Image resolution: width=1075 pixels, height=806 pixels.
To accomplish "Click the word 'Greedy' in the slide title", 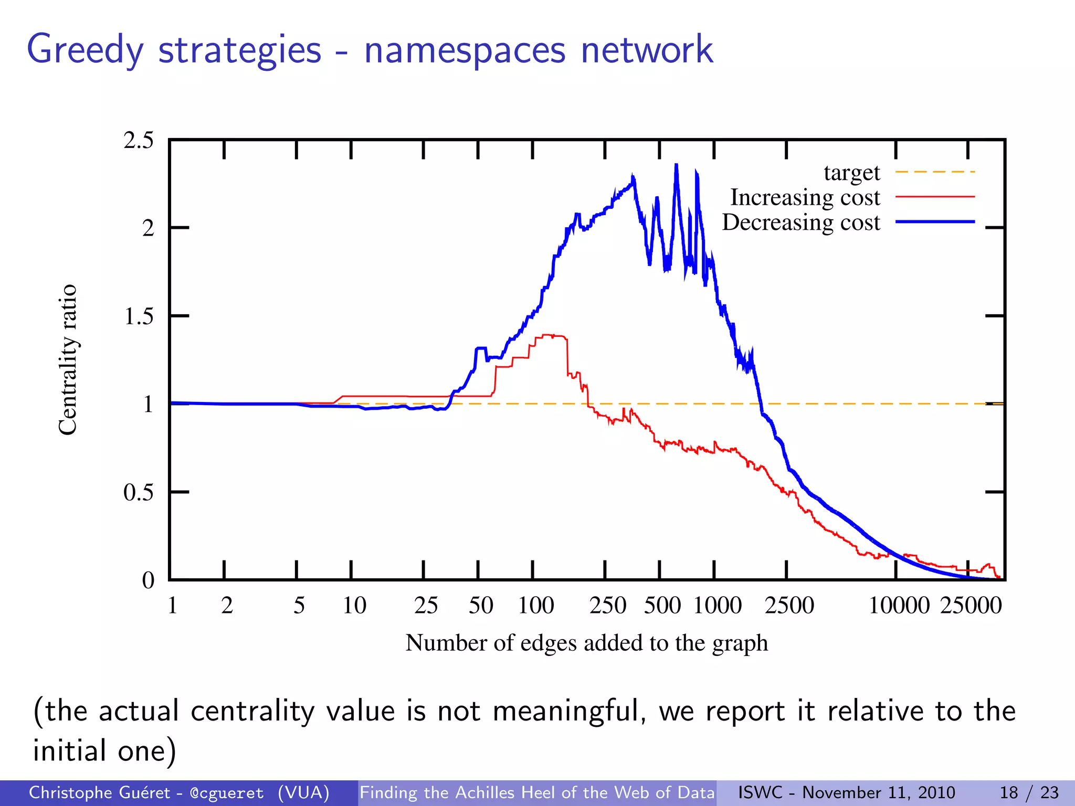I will coord(85,50).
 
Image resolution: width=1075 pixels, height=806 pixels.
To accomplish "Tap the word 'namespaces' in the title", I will coord(465,50).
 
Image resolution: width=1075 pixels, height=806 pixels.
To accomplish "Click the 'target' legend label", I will coord(851,173).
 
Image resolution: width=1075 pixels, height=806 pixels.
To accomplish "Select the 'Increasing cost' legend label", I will coord(805,198).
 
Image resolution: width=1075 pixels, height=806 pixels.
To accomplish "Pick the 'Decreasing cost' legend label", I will coord(800,222).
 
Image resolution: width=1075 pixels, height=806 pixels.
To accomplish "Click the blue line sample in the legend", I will coord(934,222).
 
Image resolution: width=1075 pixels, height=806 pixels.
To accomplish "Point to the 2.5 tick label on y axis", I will coord(139,141).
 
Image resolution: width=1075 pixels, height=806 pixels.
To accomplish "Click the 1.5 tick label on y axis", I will coord(139,316).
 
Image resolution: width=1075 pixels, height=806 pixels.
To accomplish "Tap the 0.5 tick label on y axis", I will coord(139,493).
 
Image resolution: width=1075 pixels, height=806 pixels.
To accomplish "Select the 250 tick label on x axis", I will coord(608,606).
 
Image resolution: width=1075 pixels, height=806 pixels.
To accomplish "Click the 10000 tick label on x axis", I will coord(899,606).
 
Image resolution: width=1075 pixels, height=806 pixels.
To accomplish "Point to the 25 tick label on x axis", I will coord(426,606).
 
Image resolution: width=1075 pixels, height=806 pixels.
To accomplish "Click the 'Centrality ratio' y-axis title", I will coord(68,360).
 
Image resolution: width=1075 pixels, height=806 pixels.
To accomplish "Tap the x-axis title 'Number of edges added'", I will coord(586,643).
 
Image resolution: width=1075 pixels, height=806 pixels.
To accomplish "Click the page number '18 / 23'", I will coord(1029,792).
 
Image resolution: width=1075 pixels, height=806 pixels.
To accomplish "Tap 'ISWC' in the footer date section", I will coord(760,792).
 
